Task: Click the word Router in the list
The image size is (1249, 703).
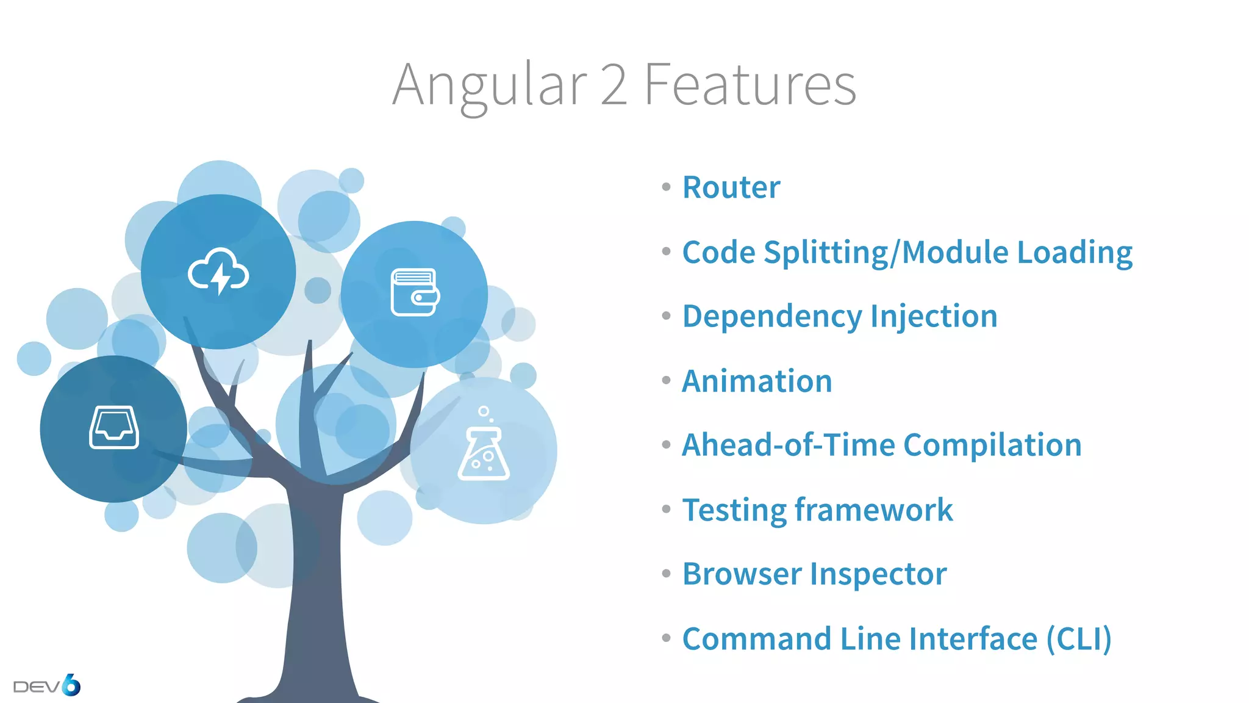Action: coord(731,187)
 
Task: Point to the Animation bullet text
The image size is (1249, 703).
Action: coord(757,381)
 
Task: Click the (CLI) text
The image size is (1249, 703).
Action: coord(1079,639)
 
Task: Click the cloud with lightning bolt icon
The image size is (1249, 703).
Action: coord(218,272)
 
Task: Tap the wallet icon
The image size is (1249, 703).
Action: coord(415,292)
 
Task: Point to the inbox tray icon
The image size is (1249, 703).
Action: coord(114,427)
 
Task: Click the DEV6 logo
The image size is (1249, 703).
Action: coord(47,685)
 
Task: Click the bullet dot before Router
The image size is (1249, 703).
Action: coord(666,187)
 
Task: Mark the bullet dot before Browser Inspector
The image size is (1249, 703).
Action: coord(666,574)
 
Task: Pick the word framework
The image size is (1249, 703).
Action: coord(873,510)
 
